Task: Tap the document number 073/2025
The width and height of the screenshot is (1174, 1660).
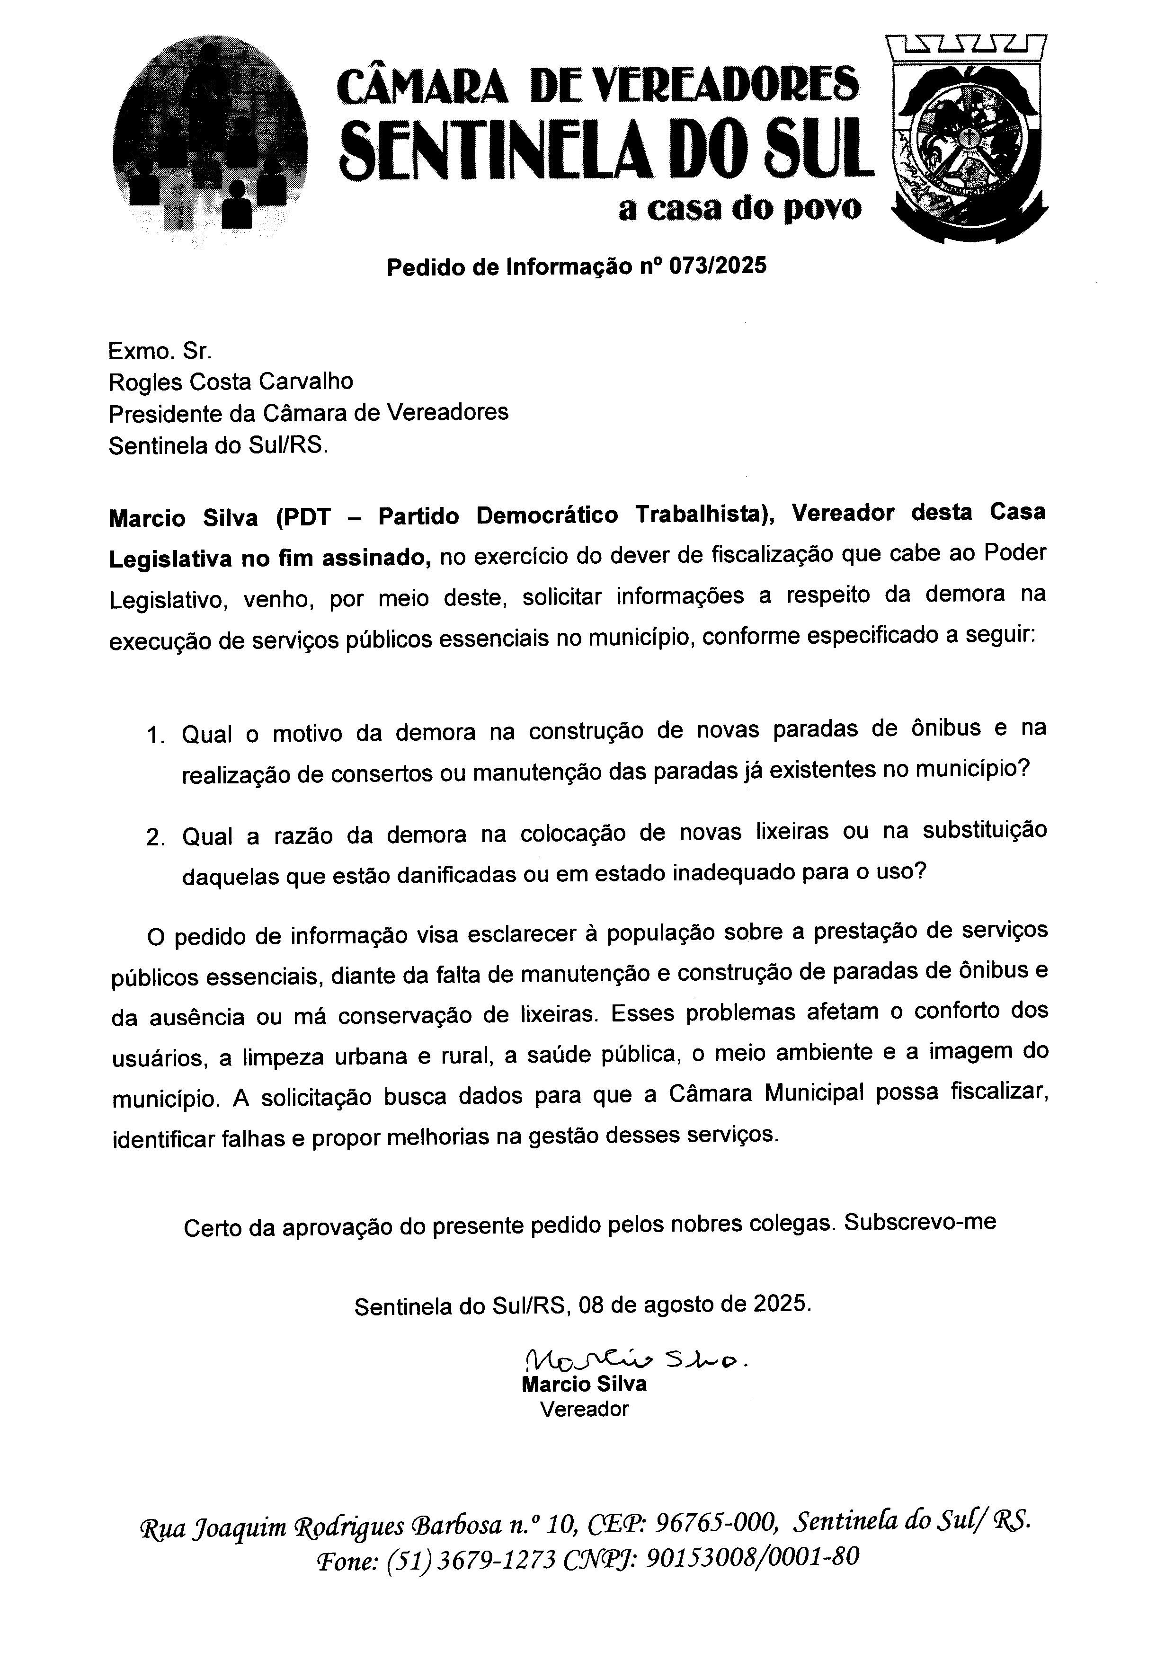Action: coord(717,267)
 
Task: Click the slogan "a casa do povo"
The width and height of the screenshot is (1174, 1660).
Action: coord(739,209)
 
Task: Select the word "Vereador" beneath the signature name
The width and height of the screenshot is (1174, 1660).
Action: coord(584,1408)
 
